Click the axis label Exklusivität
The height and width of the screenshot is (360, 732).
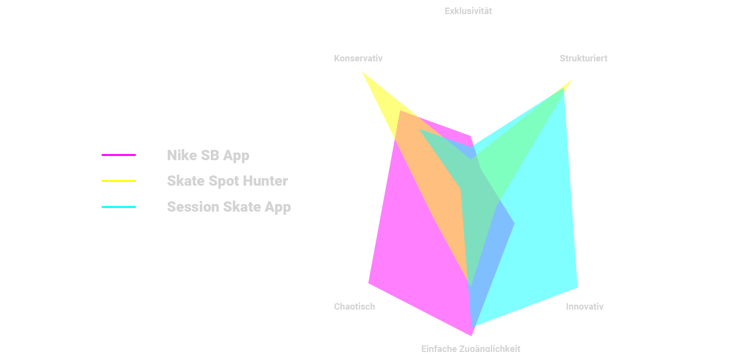[468, 11]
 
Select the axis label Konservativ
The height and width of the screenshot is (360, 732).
[358, 58]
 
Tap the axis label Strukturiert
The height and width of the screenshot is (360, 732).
[583, 58]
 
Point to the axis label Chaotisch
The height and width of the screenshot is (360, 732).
[354, 307]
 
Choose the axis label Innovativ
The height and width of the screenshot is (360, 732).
[584, 307]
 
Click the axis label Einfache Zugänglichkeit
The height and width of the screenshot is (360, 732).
[470, 348]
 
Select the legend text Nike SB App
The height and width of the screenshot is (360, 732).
[208, 156]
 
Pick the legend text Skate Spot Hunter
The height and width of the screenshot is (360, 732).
[227, 181]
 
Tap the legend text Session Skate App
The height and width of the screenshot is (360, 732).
[229, 207]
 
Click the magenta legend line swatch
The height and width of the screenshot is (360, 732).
[119, 155]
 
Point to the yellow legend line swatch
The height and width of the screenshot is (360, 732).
[119, 181]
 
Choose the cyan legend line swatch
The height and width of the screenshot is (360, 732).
[119, 207]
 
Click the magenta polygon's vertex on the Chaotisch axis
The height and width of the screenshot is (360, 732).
[369, 283]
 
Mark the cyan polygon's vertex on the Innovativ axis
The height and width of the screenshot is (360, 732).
[577, 287]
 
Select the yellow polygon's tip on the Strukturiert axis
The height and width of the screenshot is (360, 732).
[571, 81]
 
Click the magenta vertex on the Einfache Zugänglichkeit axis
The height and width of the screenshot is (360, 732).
[471, 335]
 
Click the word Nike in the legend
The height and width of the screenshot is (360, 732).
[182, 156]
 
